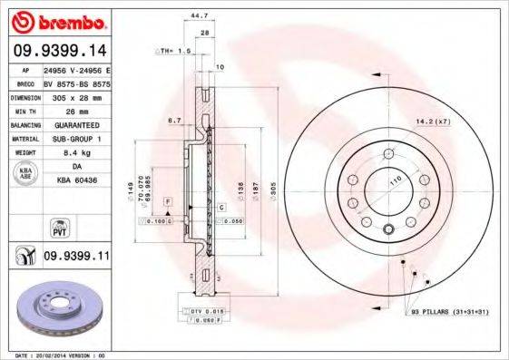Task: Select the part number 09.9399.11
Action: tap(76, 257)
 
